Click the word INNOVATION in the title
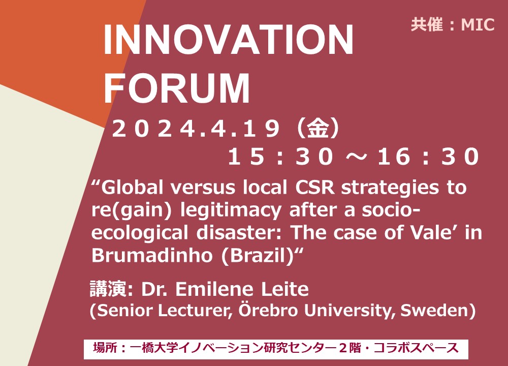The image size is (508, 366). pyautogui.click(x=229, y=40)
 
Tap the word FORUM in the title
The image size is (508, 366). pyautogui.click(x=177, y=87)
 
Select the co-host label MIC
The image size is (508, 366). pyautogui.click(x=478, y=24)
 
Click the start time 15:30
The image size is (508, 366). pyautogui.click(x=280, y=157)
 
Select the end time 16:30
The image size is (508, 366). pyautogui.click(x=428, y=157)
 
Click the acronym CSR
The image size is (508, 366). pyautogui.click(x=314, y=188)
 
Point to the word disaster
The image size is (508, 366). pyautogui.click(x=240, y=233)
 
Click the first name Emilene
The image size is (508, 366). pyautogui.click(x=214, y=289)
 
